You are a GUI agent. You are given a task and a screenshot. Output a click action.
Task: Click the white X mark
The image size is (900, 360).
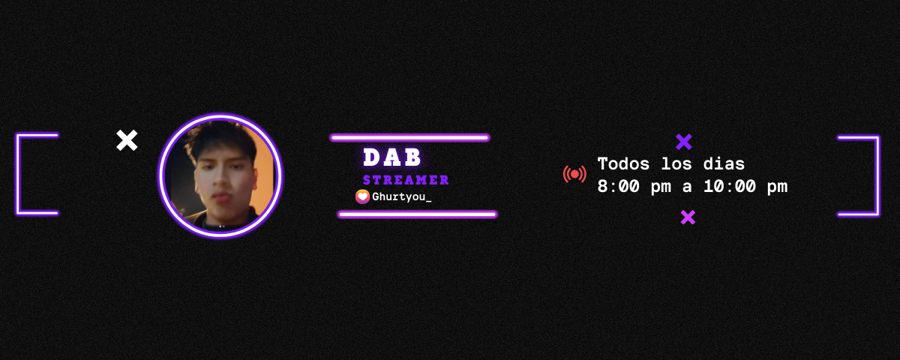(x=127, y=140)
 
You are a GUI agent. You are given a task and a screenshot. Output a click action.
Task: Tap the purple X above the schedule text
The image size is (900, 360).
(x=684, y=142)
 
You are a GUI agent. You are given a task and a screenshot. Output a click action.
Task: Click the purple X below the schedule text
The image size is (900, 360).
(x=688, y=217)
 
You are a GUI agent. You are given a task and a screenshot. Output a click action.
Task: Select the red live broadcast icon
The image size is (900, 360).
(x=574, y=174)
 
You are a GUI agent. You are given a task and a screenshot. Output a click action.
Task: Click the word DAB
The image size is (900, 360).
(x=392, y=157)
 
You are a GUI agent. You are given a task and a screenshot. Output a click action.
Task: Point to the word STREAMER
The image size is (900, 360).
(x=406, y=180)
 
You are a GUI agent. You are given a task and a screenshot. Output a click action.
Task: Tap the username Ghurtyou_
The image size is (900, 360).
(x=402, y=196)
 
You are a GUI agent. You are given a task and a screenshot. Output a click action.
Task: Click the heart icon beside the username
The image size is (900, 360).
(x=362, y=196)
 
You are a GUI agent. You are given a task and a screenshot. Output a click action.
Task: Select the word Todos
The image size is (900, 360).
(x=623, y=164)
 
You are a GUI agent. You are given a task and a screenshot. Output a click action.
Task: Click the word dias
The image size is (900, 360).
(x=724, y=164)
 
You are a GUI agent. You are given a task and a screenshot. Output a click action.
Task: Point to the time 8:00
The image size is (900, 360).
(x=618, y=187)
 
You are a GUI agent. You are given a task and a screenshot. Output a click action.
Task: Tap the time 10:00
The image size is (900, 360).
(x=730, y=187)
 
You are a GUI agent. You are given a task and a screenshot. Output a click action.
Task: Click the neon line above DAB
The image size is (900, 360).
(x=409, y=138)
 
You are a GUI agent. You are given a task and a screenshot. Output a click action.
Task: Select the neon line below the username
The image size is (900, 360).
(x=418, y=214)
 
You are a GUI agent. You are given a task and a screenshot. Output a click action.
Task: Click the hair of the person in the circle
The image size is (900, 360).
(x=220, y=139)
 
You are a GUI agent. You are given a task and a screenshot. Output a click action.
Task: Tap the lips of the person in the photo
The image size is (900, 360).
(x=222, y=197)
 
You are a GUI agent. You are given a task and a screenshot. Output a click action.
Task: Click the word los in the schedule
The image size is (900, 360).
(x=676, y=164)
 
